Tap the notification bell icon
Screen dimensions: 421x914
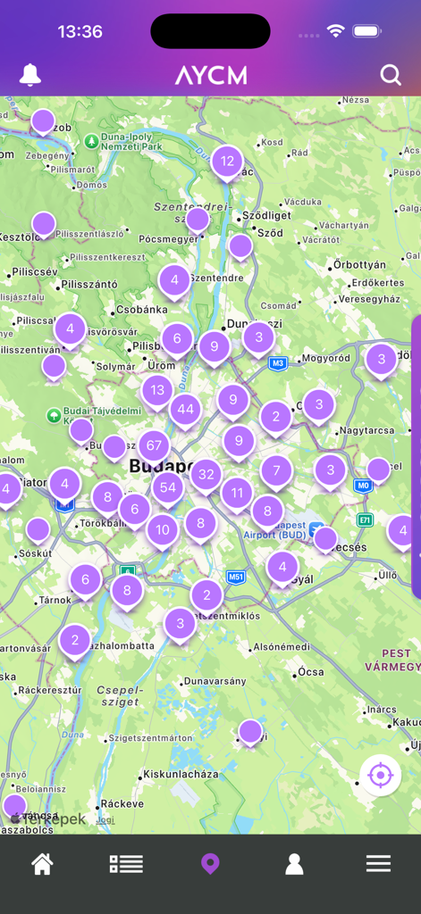pos(30,75)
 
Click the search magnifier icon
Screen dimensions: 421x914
pos(391,75)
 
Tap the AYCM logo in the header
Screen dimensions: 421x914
pos(211,75)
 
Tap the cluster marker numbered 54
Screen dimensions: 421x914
pos(168,487)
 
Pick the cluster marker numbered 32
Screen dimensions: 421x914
pos(206,474)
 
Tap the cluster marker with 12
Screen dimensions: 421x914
pos(227,162)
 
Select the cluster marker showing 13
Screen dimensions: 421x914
pos(158,390)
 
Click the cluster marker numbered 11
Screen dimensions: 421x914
pos(237,492)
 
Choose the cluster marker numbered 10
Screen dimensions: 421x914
pos(162,529)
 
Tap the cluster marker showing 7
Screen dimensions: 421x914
pos(276,470)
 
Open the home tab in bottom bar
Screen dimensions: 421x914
pos(42,863)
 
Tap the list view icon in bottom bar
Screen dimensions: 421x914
pos(126,863)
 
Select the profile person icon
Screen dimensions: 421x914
pos(294,863)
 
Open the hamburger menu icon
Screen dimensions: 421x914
pos(378,863)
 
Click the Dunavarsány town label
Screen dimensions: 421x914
pos(215,682)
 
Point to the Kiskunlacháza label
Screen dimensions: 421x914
pos(181,774)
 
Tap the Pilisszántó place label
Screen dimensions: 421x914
pos(89,285)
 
